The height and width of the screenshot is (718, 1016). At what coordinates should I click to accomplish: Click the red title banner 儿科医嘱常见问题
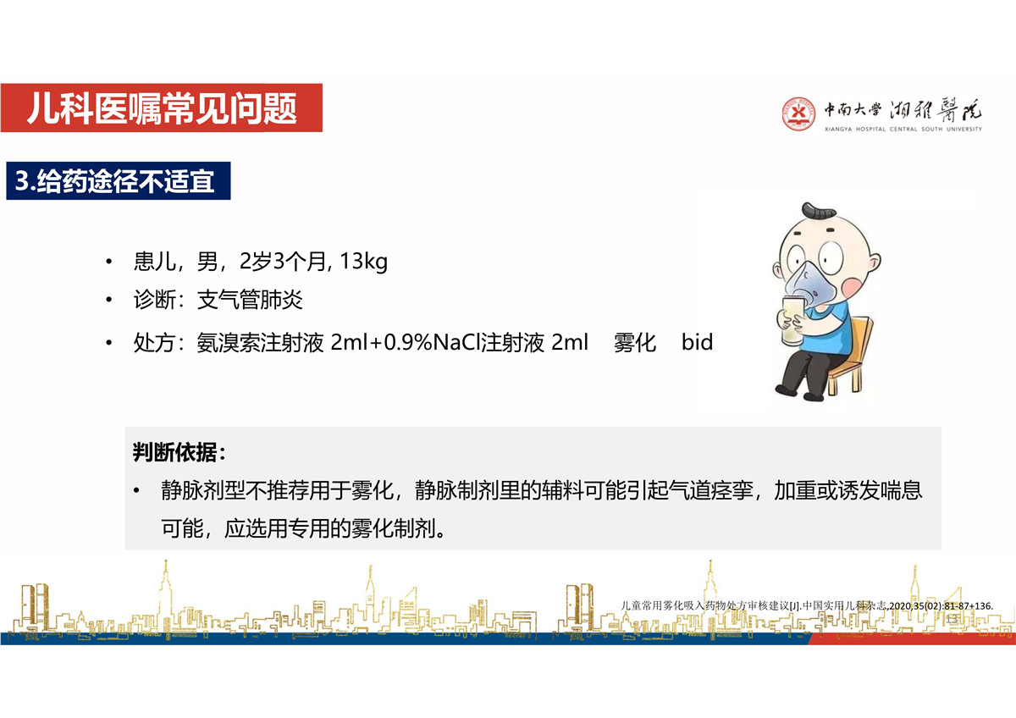coord(162,108)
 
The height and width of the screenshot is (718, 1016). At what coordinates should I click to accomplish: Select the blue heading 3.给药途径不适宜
coord(119,180)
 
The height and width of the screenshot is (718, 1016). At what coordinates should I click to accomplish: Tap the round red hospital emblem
coord(798,113)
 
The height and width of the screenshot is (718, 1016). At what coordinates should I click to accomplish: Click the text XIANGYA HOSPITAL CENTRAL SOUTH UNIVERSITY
coord(903,130)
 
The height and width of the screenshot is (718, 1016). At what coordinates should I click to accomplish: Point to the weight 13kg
coord(363,262)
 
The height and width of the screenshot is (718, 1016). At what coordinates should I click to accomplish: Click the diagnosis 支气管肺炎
coord(250,300)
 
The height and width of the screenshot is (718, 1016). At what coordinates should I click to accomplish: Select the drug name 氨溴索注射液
coord(260,342)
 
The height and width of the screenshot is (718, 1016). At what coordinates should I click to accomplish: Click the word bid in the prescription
coord(697,342)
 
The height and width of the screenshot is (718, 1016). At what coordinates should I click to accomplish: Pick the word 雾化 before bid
coord(635,342)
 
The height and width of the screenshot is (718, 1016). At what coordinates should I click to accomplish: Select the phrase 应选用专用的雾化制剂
coord(334,528)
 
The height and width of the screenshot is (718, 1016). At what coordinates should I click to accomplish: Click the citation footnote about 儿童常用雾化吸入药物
coord(807,606)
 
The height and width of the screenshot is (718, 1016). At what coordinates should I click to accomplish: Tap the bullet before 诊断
coord(109,300)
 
